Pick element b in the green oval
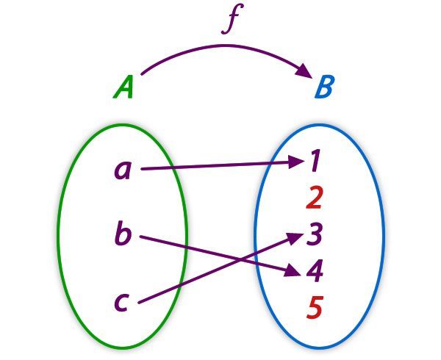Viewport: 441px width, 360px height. (x=123, y=234)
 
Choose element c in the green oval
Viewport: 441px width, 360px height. (x=123, y=300)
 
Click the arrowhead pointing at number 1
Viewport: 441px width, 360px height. (x=297, y=162)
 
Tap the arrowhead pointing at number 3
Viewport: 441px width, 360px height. (x=297, y=237)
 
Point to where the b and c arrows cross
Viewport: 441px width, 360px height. (x=220, y=258)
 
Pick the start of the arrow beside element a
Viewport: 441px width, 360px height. (x=142, y=169)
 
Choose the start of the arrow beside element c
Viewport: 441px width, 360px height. (x=139, y=301)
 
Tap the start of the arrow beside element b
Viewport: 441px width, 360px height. (x=140, y=237)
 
